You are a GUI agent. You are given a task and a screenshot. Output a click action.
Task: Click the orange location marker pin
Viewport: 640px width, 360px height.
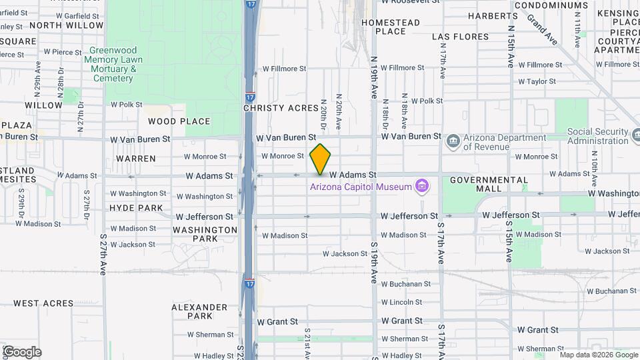(321, 158)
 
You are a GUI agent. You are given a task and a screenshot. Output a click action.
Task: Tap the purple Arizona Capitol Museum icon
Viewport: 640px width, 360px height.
(421, 185)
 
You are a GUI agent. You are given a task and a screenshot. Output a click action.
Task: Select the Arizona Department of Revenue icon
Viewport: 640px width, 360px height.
(453, 141)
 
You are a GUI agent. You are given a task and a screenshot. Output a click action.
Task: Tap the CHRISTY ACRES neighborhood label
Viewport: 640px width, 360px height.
(272, 108)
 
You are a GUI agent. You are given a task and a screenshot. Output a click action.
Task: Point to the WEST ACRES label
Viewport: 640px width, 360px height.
(43, 303)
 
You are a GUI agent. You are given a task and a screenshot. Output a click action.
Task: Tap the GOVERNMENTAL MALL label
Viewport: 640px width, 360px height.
(489, 185)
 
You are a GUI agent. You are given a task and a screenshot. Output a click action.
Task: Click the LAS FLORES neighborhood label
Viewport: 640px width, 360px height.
(461, 36)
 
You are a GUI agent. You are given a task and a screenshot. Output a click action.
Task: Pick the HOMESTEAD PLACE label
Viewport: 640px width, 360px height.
(391, 27)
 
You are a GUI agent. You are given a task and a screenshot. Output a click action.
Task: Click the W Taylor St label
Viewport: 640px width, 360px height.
(537, 81)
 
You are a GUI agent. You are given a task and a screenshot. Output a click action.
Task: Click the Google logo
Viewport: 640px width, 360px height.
(22, 352)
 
